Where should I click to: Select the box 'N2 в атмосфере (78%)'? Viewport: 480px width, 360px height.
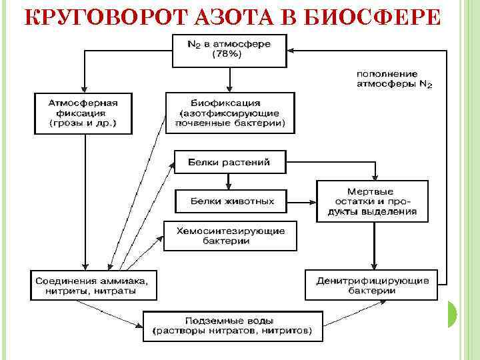pyautogui.click(x=230, y=50)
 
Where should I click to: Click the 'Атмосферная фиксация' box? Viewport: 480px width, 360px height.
pyautogui.click(x=83, y=113)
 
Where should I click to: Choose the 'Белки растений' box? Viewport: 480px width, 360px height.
pyautogui.click(x=230, y=162)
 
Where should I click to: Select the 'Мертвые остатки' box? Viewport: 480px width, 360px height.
pyautogui.click(x=372, y=201)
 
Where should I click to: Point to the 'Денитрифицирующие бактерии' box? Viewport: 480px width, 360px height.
pyautogui.click(x=372, y=285)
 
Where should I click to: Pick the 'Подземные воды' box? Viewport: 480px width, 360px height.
pyautogui.click(x=232, y=325)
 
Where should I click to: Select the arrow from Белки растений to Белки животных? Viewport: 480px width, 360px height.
pyautogui.click(x=229, y=181)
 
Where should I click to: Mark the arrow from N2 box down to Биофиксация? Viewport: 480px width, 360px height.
pyautogui.click(x=230, y=80)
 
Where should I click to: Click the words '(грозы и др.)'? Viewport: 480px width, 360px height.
pyautogui.click(x=83, y=123)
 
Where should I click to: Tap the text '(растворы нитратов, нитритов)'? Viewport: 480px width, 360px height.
pyautogui.click(x=232, y=331)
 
